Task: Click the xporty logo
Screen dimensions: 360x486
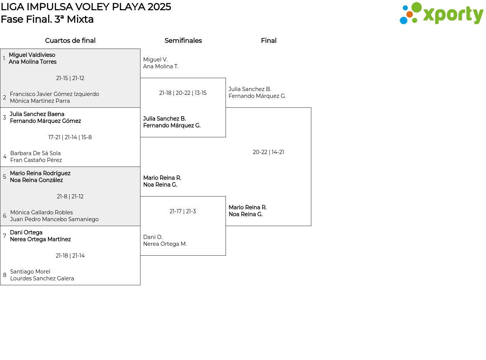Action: click(441, 14)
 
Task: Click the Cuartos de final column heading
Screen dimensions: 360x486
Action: click(70, 41)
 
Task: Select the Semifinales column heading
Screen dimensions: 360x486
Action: click(183, 41)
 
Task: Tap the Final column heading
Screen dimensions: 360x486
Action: click(268, 41)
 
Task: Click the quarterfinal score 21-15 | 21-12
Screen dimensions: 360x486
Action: click(70, 78)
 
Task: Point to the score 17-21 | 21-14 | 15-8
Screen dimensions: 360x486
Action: click(70, 137)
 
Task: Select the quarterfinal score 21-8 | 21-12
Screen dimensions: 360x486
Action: click(70, 197)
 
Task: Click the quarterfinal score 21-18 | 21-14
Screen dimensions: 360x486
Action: click(70, 256)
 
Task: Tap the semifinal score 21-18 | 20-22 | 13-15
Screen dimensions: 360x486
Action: click(183, 93)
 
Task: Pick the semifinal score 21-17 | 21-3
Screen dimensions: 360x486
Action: click(183, 211)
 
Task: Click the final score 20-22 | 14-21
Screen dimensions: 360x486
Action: click(268, 152)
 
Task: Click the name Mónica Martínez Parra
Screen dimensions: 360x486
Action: click(40, 101)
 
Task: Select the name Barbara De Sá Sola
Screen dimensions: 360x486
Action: click(35, 153)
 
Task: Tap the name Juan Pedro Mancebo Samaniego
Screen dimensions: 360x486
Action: click(54, 219)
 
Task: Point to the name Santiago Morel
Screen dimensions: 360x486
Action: click(30, 272)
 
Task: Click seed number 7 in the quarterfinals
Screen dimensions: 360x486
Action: click(5, 236)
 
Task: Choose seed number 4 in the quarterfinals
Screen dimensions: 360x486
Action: click(5, 157)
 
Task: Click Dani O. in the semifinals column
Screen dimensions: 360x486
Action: click(153, 237)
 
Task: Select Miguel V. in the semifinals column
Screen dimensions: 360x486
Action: click(155, 60)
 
